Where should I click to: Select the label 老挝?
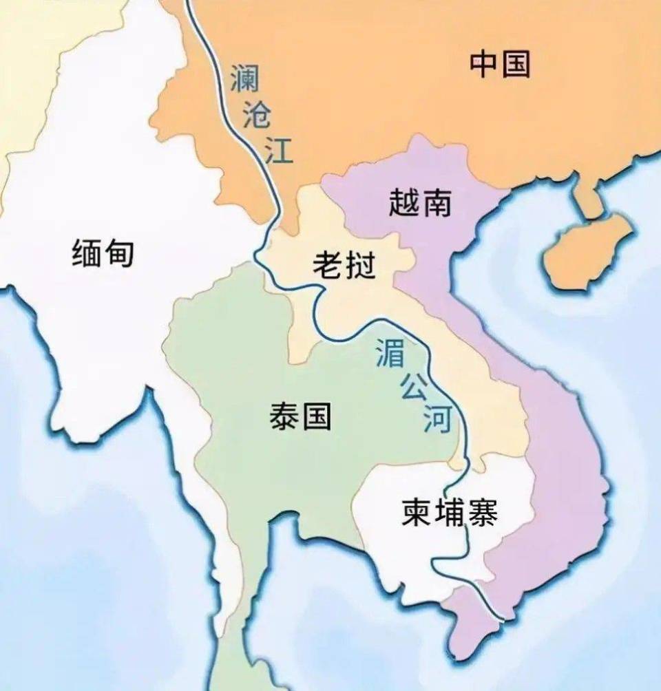tap(344, 265)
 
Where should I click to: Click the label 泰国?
tap(300, 416)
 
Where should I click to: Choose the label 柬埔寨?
tap(449, 513)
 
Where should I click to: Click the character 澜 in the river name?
tap(245, 77)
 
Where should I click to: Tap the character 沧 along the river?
tap(258, 115)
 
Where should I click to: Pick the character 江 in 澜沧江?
tap(279, 150)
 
